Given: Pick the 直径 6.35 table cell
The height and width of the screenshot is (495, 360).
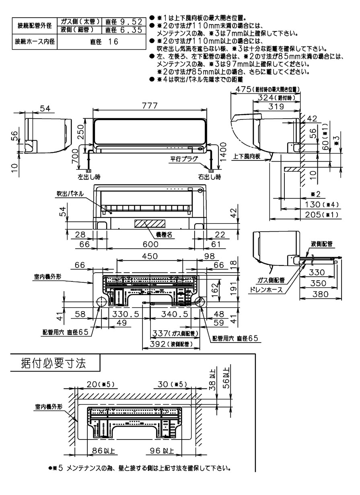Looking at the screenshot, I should (123, 30).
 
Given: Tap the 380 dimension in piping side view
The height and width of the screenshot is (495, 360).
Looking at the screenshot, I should (320, 294).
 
